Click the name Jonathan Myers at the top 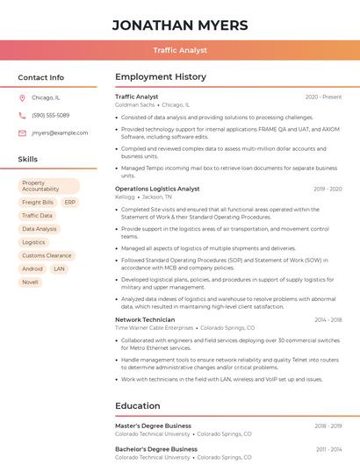click(x=180, y=25)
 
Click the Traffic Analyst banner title click(x=180, y=50)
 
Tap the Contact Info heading click(x=40, y=77)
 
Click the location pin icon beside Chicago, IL click(x=22, y=98)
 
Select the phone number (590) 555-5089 click(x=50, y=116)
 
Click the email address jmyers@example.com click(x=60, y=133)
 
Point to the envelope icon click(x=22, y=133)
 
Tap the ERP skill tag click(x=69, y=202)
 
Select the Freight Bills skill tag click(x=38, y=202)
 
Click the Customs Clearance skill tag click(x=47, y=255)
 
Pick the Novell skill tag click(x=31, y=283)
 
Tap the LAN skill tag click(x=60, y=269)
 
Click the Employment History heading click(x=161, y=77)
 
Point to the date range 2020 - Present click(x=323, y=97)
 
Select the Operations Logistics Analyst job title click(x=157, y=189)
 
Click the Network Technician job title click(x=145, y=319)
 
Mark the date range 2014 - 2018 click(x=328, y=320)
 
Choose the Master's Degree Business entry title click(x=153, y=426)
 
